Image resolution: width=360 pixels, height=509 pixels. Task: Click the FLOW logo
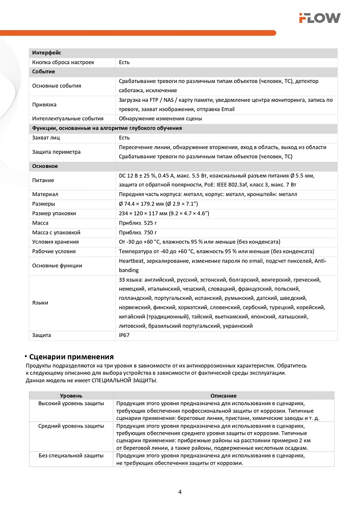(319, 18)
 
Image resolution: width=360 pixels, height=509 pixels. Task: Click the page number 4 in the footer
(180, 492)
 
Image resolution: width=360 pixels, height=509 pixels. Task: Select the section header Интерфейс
(47, 53)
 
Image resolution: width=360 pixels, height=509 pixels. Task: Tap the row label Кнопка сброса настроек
(63, 62)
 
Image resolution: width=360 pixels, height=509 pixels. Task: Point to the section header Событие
(43, 72)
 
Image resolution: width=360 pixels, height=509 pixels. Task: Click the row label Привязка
(44, 104)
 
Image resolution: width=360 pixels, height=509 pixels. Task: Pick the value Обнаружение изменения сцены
(160, 119)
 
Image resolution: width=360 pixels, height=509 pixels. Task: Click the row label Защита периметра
(56, 152)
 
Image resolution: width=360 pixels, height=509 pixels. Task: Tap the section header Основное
(45, 166)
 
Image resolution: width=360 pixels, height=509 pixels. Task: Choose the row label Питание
(43, 180)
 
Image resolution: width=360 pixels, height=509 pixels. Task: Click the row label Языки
(40, 303)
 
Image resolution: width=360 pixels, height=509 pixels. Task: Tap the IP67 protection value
(124, 335)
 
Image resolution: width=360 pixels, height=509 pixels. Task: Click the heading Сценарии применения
(71, 356)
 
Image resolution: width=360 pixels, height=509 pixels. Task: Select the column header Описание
(224, 395)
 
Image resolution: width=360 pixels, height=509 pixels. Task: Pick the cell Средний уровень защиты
(71, 426)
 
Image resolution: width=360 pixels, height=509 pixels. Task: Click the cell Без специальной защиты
(71, 456)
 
